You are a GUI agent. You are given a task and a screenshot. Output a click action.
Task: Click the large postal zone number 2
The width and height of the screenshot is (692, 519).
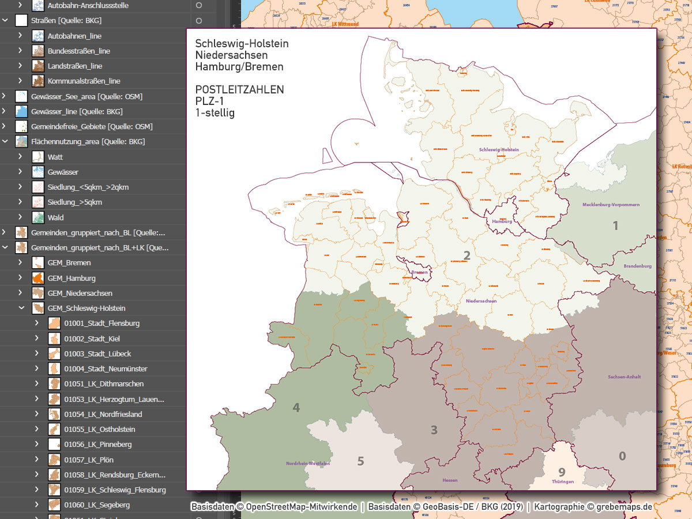[467, 255]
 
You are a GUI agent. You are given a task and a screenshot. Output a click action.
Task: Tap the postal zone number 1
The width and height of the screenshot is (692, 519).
[615, 225]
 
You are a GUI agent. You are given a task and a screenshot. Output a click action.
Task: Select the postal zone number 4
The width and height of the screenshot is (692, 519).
[296, 408]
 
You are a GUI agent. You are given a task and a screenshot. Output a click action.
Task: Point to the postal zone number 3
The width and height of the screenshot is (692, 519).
[434, 430]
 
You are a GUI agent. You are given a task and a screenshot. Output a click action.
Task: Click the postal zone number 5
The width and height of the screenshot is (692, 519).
[360, 461]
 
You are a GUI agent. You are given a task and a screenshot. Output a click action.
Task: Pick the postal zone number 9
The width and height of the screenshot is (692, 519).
[562, 473]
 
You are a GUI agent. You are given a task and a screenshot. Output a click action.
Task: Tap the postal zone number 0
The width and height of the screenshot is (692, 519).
[622, 456]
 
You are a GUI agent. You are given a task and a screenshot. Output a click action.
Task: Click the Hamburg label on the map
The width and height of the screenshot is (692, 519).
[502, 221]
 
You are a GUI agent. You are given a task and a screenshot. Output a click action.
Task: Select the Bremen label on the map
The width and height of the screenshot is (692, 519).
[419, 272]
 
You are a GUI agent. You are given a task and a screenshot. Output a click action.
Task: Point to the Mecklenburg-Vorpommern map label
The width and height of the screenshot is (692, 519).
[611, 205]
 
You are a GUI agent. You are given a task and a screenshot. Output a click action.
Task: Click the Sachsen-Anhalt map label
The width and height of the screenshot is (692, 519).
[624, 377]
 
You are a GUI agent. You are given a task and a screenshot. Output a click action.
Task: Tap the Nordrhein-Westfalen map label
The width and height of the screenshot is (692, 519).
[308, 464]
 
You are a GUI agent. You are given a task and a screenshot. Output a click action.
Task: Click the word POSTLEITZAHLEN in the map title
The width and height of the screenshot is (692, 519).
[239, 90]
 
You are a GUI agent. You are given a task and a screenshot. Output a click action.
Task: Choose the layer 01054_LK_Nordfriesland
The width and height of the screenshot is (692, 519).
[103, 414]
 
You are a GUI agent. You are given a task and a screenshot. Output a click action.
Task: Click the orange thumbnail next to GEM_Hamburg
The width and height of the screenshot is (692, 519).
[38, 278]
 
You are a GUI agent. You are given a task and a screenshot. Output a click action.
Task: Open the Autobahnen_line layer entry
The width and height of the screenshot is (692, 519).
[74, 36]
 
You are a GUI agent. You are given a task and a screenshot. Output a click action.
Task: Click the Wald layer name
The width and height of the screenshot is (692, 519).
[56, 217]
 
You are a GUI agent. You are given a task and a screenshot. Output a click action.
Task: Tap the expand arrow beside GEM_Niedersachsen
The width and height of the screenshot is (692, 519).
[20, 293]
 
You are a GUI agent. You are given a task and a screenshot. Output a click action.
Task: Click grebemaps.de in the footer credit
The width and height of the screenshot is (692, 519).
[625, 507]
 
